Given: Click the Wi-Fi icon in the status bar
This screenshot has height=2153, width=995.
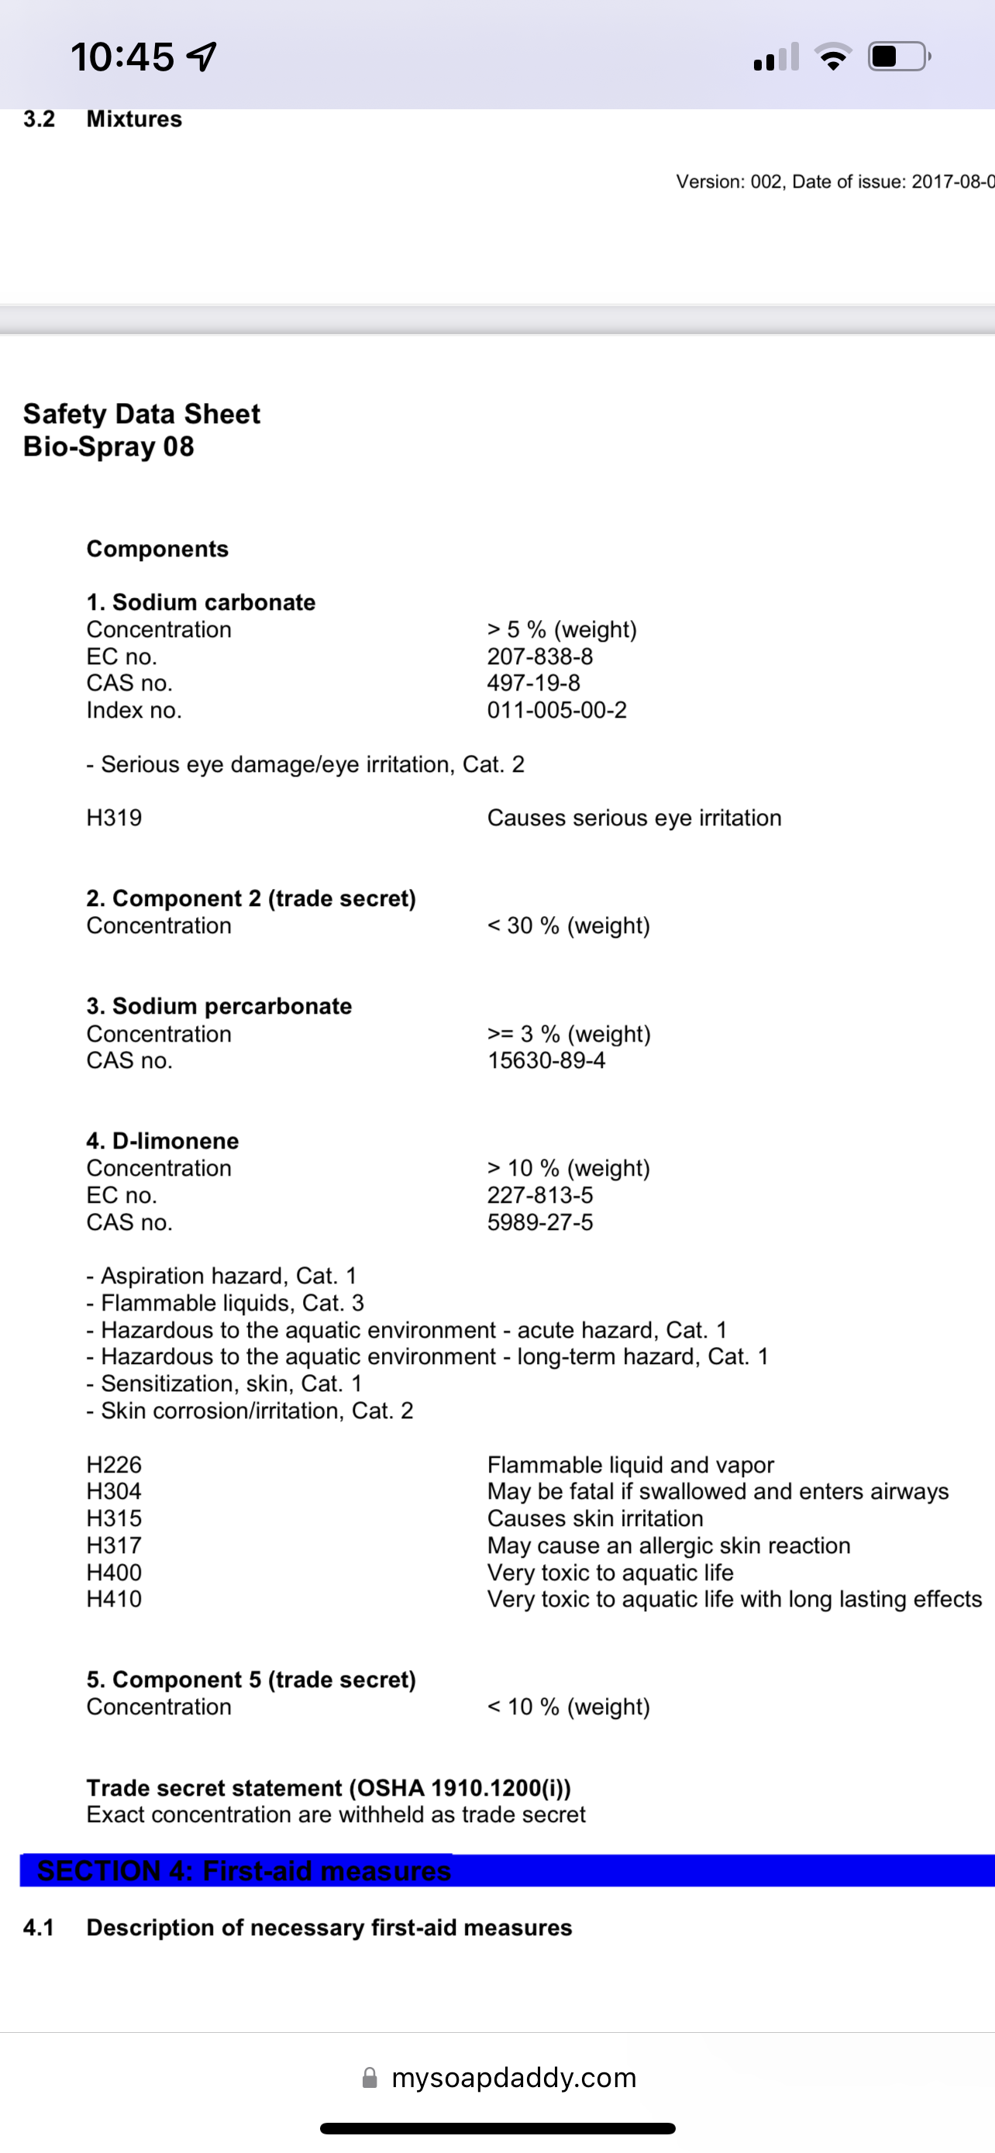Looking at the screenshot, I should pos(833,57).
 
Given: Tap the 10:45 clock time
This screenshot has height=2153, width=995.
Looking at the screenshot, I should pos(122,57).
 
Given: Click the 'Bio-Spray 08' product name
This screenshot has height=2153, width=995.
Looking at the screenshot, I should pos(108,446).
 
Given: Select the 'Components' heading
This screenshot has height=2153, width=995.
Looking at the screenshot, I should pos(157,549).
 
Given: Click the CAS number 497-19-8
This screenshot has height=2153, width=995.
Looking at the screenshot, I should pos(533,683).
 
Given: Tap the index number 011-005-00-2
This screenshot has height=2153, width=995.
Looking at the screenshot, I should pos(556,710).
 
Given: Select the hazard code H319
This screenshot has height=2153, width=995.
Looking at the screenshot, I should pos(115,818).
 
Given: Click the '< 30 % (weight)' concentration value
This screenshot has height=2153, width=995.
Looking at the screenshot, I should pos(568,925).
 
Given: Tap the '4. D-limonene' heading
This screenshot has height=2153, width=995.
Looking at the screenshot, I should pos(162,1141).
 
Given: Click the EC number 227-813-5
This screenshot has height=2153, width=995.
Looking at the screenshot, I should pos(539,1195).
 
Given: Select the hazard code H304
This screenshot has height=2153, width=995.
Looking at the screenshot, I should pos(115,1491).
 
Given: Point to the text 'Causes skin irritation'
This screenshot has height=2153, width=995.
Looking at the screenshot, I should pos(595,1517).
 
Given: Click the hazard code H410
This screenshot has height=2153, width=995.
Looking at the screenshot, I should pos(115,1599).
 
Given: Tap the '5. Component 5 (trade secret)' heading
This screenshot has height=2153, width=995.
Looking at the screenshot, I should pos(250,1679).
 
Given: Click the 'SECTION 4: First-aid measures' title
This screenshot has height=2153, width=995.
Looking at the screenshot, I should pos(244,1870).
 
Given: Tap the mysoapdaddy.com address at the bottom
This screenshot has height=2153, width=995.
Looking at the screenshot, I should pos(513,2078).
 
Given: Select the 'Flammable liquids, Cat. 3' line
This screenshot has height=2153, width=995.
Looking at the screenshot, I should pos(232,1303).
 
